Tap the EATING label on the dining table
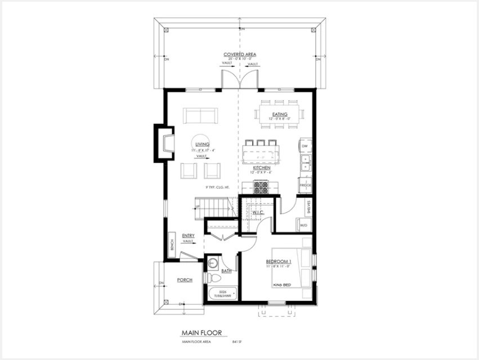280,114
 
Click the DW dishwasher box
305,146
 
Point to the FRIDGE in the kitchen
305,185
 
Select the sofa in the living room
200,117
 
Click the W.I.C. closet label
258,212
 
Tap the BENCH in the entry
171,245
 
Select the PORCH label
185,280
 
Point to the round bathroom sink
213,263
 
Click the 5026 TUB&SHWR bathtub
223,294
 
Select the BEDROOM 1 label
279,262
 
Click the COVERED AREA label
240,55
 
